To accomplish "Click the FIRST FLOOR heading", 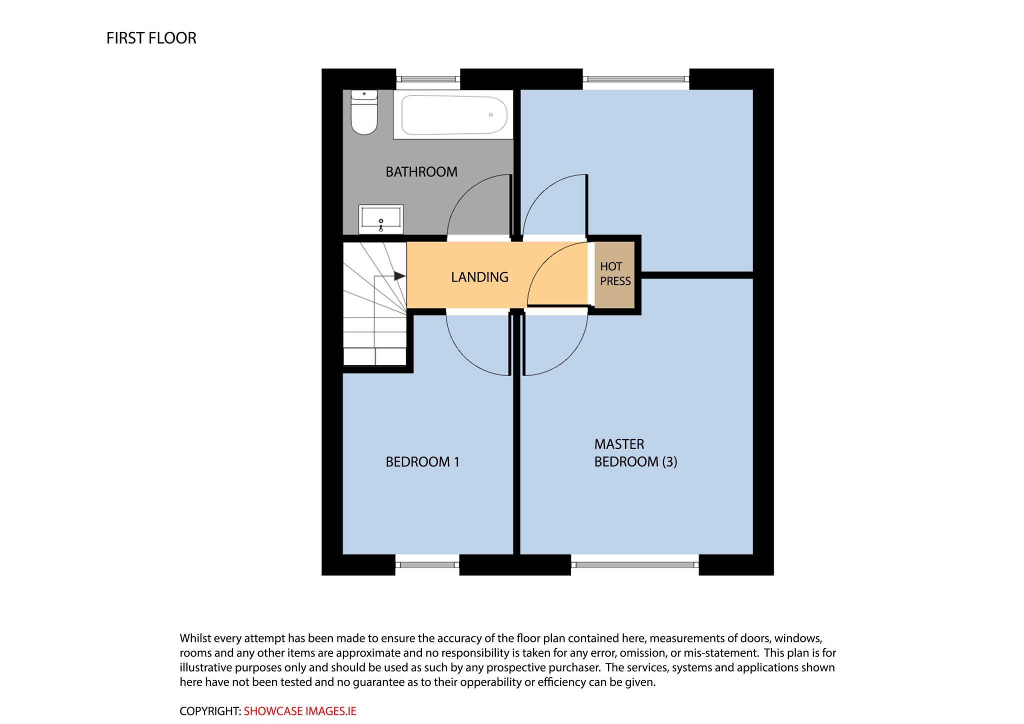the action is (x=151, y=38).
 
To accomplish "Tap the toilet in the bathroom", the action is (x=364, y=112).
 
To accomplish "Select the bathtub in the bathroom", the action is (x=453, y=114).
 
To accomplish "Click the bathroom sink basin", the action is (x=381, y=219).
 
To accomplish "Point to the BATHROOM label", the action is (x=421, y=172).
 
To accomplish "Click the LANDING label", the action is (x=479, y=277).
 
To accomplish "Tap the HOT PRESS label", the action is (x=615, y=273).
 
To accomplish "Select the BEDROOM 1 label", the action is (x=422, y=462).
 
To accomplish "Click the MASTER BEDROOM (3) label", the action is (x=635, y=453).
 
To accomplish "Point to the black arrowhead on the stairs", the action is (x=399, y=276).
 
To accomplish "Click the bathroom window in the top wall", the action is (x=428, y=79).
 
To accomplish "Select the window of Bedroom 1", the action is (x=427, y=565).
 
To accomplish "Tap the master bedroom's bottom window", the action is (x=634, y=565).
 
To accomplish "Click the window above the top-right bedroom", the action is (x=636, y=79).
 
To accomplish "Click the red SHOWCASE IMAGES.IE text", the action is (x=300, y=711).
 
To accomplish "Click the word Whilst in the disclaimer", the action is (x=195, y=638).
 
